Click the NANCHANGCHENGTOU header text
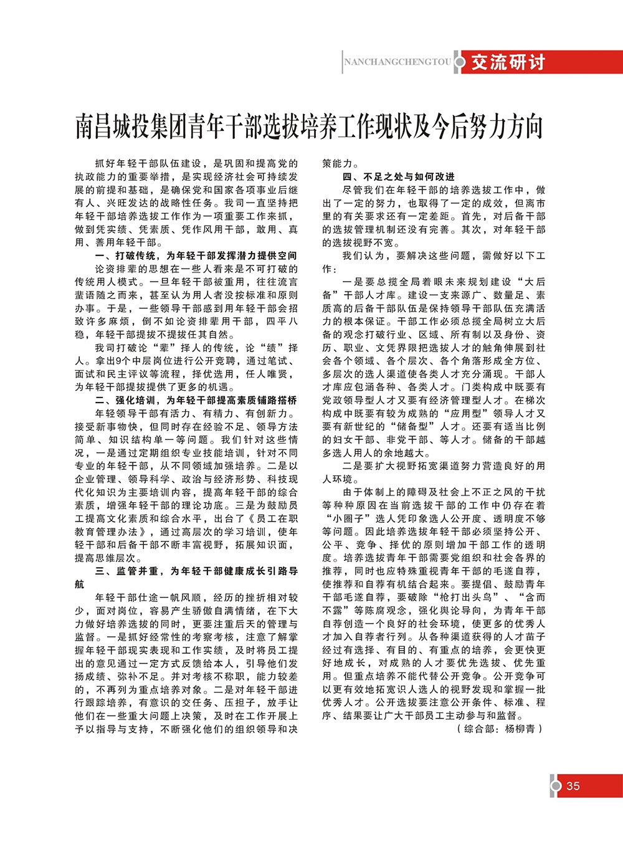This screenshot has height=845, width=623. (x=397, y=62)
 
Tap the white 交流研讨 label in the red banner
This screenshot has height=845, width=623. (x=508, y=62)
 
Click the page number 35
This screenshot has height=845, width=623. (x=573, y=786)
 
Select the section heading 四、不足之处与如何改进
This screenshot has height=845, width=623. (x=399, y=176)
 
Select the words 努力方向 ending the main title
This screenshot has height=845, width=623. (x=498, y=127)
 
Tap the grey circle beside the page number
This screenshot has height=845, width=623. (x=556, y=786)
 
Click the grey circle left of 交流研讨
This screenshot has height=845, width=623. (x=460, y=62)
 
